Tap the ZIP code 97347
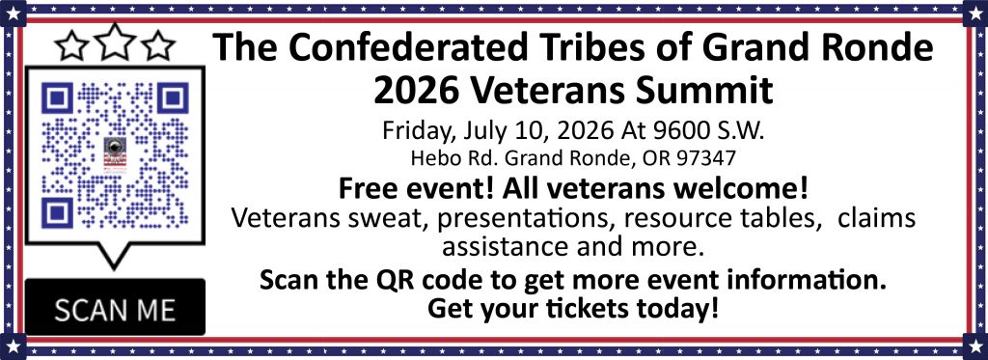[x=706, y=157]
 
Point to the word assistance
[x=501, y=246]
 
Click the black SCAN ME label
[x=116, y=307]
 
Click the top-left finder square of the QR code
[x=58, y=98]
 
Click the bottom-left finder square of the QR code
[x=58, y=212]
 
